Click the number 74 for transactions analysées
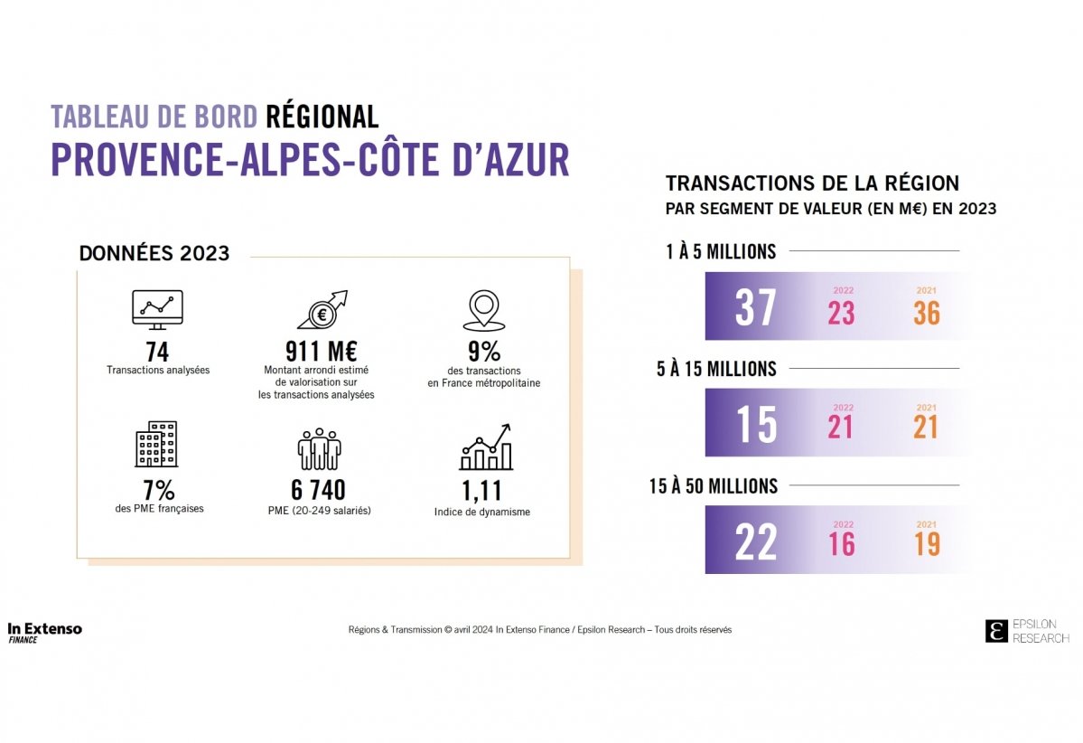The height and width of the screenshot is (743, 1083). [158, 352]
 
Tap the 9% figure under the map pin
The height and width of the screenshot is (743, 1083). [484, 352]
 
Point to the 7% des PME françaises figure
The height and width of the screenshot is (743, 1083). [159, 491]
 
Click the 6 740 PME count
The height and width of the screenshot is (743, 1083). [318, 491]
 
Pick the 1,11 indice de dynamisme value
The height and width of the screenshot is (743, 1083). [481, 491]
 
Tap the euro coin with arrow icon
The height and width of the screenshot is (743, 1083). [322, 310]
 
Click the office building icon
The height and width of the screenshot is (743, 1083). [156, 445]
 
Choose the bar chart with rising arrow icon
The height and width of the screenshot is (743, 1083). [485, 447]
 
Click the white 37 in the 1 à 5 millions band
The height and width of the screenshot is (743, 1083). [755, 308]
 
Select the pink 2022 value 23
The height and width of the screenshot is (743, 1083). [841, 313]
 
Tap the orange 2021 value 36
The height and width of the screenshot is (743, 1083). [927, 313]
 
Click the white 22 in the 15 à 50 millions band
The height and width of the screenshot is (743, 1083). [755, 542]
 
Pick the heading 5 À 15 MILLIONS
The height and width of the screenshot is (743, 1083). [716, 369]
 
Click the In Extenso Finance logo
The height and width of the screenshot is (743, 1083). [44, 632]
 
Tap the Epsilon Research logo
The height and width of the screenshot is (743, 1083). [1027, 631]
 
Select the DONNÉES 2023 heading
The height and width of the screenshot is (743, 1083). [154, 254]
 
